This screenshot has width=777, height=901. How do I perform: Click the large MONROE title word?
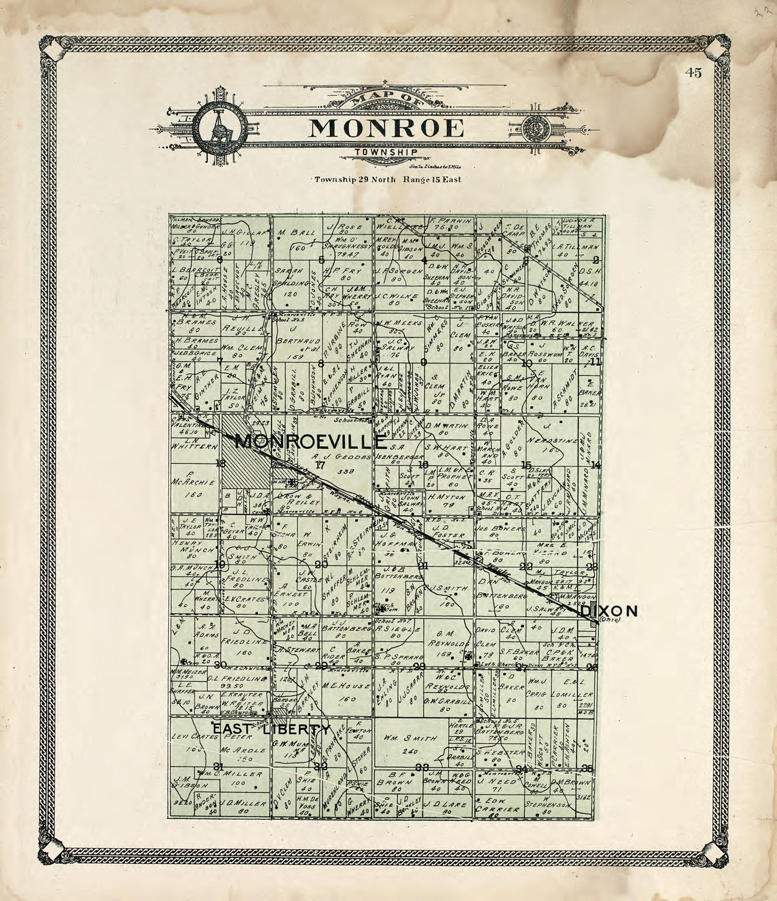[386, 128]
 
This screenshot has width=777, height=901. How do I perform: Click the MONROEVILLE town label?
[310, 442]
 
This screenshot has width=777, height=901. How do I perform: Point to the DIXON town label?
[609, 612]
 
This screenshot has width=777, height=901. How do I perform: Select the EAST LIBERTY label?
[271, 729]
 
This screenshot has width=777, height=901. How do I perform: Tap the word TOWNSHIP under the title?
[386, 152]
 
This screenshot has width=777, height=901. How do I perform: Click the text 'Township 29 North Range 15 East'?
[388, 179]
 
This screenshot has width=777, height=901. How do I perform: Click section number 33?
[422, 767]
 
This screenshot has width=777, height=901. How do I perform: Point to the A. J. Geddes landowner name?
[341, 457]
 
